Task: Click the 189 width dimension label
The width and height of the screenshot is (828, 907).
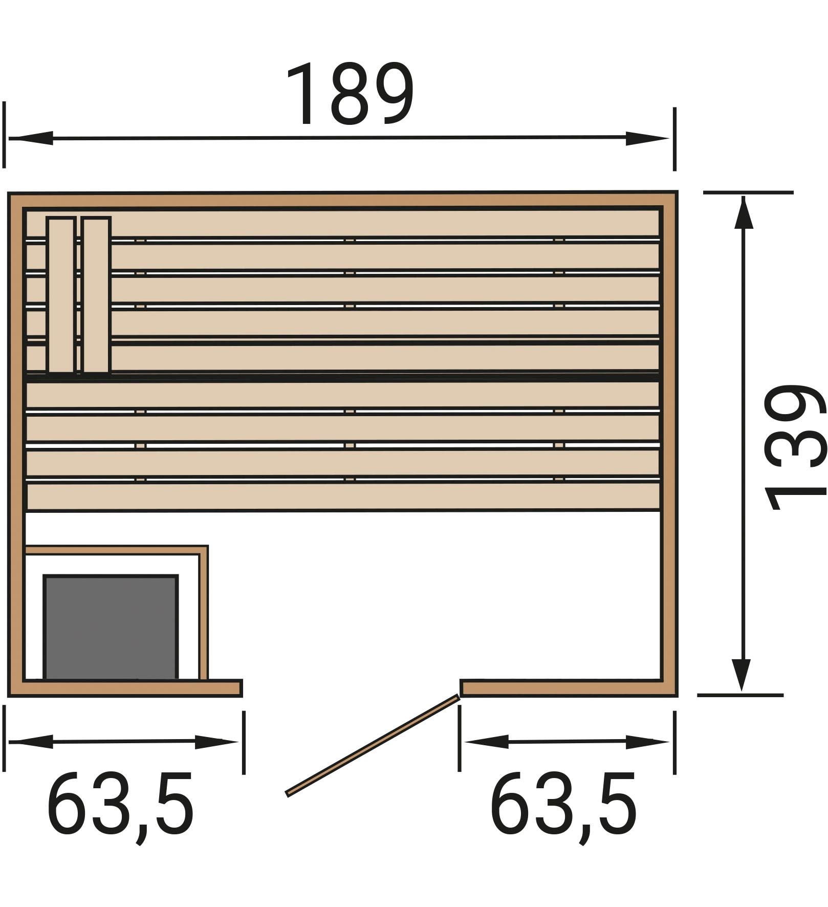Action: coord(350,94)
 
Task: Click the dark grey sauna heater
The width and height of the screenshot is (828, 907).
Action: coord(111,628)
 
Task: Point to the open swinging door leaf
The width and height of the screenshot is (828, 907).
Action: coord(373,745)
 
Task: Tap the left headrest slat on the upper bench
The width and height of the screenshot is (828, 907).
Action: coord(61,295)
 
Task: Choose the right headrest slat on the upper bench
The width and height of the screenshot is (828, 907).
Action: coord(96,295)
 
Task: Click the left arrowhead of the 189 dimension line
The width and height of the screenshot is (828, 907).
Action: coord(31,138)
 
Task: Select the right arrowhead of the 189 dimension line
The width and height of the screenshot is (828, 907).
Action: coord(647,138)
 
